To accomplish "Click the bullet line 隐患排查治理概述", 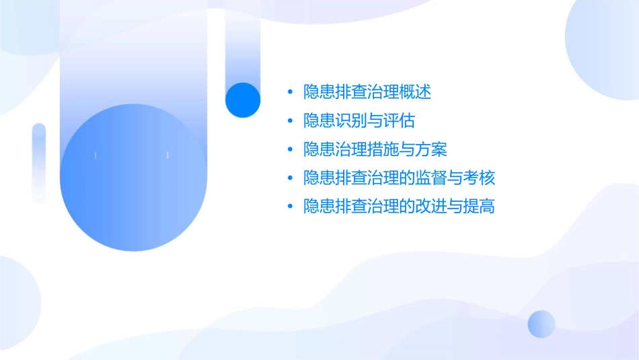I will click(367, 92).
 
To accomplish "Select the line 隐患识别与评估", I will click(359, 121).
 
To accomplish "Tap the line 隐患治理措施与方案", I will click(375, 149).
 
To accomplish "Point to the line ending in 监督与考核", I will click(400, 178).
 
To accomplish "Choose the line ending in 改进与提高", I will click(400, 207).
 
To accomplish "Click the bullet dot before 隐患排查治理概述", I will click(289, 92).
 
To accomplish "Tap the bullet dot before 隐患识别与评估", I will click(289, 121).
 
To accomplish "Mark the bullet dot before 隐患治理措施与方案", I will click(289, 149).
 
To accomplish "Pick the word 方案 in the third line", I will click(432, 149).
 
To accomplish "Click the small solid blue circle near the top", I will click(242, 100).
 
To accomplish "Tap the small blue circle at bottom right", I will click(541, 324).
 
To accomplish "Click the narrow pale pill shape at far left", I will click(39, 163).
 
